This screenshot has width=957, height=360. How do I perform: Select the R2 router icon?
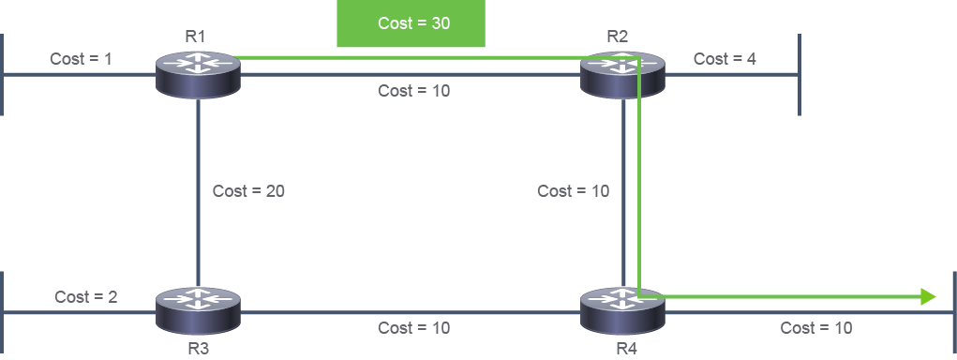(x=622, y=74)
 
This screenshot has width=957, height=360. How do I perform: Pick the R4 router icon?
(x=622, y=310)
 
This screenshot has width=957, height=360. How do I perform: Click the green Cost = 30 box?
(x=411, y=23)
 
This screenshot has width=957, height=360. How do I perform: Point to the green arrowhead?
(x=928, y=297)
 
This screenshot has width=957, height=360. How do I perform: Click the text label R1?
(x=195, y=36)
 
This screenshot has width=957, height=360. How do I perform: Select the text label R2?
(x=617, y=36)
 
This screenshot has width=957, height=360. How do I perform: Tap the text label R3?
(x=199, y=350)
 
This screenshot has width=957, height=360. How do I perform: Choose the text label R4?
(x=626, y=350)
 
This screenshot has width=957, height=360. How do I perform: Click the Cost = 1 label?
(x=81, y=59)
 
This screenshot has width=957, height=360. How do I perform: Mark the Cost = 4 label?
(x=725, y=59)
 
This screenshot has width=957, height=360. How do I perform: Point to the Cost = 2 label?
(x=86, y=297)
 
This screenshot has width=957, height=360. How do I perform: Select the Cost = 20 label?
(x=248, y=191)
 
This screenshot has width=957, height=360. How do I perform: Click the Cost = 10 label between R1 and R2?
(x=413, y=91)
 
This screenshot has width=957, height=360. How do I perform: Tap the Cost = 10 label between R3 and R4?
(x=413, y=328)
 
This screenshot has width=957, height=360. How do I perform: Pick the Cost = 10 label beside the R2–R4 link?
(x=573, y=191)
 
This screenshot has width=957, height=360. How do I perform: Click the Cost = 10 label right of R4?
(x=816, y=328)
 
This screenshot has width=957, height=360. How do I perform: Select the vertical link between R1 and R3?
(x=199, y=193)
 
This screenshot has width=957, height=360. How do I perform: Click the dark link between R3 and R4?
(x=411, y=312)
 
